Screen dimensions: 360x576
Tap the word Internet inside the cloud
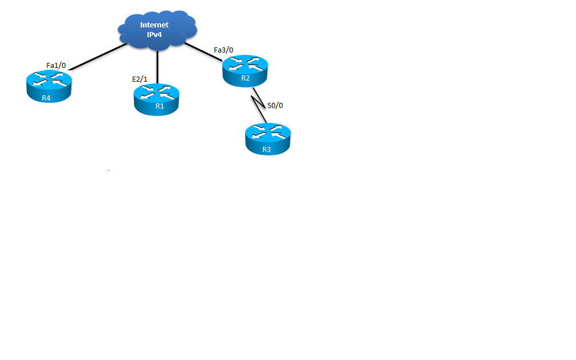154,25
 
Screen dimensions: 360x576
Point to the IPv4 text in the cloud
155,35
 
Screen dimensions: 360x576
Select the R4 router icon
49,86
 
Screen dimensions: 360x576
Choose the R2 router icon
245,71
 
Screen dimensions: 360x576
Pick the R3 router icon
267,139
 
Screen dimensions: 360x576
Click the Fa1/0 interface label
56,66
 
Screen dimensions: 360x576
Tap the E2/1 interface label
139,79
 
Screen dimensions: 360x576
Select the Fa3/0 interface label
223,50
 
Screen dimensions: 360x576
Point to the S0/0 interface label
275,106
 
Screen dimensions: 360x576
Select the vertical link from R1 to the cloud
157,66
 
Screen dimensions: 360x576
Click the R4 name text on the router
46,98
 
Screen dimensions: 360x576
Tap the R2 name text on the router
245,78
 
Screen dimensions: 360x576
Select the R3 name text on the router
266,150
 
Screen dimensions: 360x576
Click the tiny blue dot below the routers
109,170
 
